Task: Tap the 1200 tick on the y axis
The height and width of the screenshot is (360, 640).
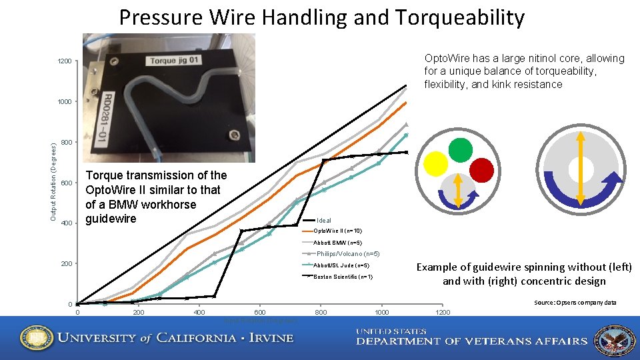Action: click(65, 62)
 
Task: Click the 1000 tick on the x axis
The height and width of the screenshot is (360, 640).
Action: click(381, 313)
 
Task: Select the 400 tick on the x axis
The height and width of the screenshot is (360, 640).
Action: click(199, 313)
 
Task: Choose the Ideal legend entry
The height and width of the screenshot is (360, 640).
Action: click(324, 221)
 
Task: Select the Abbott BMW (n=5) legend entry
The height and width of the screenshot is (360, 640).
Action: click(337, 242)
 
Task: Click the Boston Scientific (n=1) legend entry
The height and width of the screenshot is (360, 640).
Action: click(343, 277)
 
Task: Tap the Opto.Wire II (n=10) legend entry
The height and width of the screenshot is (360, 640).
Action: click(338, 231)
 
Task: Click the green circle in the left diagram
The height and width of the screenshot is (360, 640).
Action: click(460, 149)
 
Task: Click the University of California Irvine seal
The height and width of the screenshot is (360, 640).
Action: click(33, 337)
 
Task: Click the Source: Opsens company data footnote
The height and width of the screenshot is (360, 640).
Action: click(575, 303)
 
